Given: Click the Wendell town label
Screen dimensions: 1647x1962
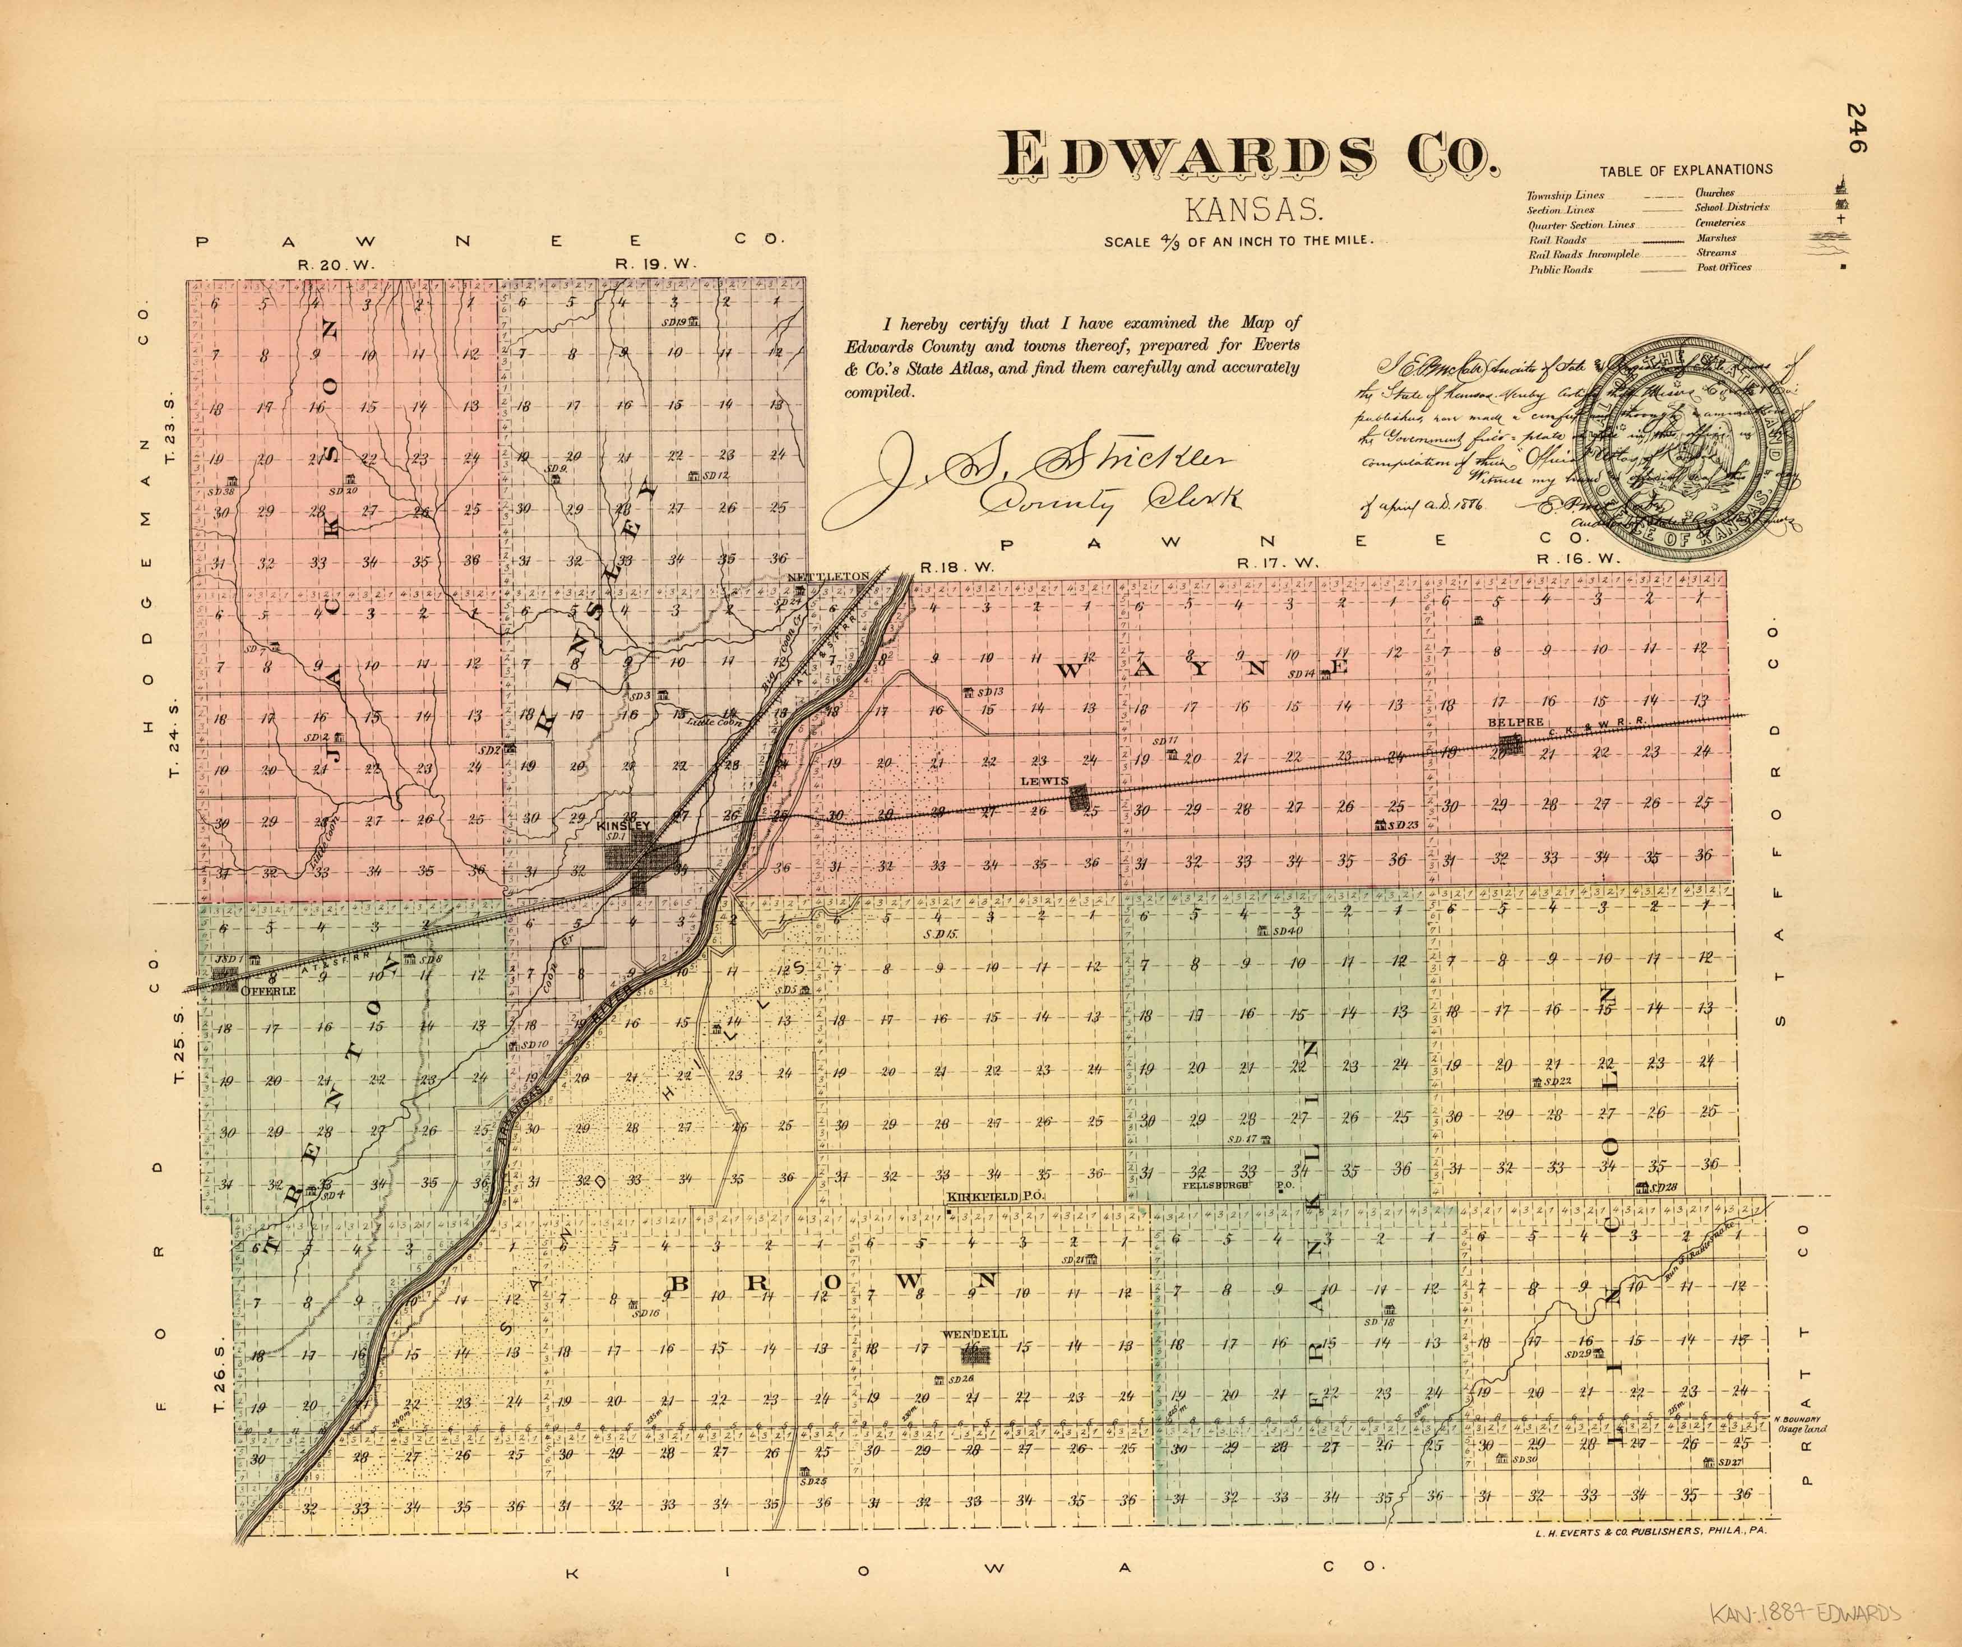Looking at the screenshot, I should [975, 1334].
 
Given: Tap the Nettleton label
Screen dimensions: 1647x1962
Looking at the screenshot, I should [828, 576].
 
